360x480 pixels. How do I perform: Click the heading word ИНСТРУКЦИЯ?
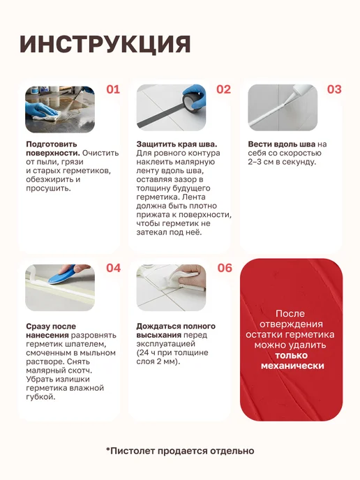coord(105,45)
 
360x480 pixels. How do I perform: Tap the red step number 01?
coord(113,89)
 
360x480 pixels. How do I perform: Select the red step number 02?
coord(223,89)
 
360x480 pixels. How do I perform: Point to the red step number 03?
coord(334,89)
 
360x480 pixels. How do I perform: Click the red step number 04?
coord(113,268)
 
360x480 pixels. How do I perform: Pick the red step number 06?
coord(225,268)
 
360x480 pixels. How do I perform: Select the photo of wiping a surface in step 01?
coord(60,109)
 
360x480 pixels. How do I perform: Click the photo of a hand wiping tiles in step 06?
coord(171,287)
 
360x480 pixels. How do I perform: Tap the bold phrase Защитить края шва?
coord(177,144)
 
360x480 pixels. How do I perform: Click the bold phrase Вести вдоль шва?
coord(281,144)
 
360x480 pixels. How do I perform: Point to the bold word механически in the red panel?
coord(292,366)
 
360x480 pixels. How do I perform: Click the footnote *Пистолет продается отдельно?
coord(180,451)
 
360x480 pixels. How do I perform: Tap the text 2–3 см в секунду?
coord(281,162)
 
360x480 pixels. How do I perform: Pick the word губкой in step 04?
coord(40,398)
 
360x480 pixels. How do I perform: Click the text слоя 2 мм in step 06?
coord(158,361)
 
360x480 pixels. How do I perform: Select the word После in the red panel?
coord(290,314)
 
